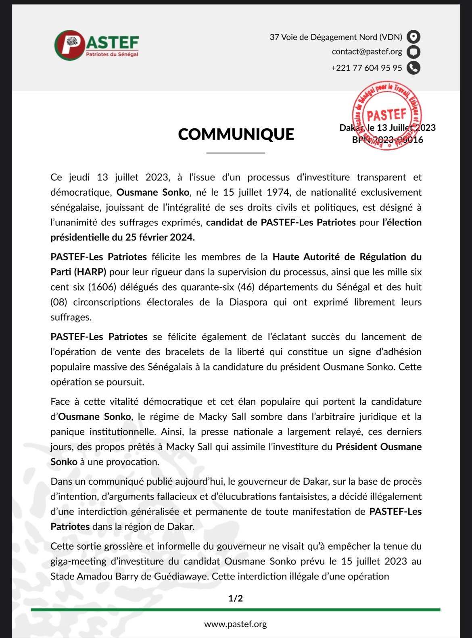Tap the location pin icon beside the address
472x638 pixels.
point(413,37)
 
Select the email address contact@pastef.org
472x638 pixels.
point(367,52)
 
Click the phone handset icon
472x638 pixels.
point(413,68)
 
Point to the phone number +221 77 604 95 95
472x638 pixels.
point(366,68)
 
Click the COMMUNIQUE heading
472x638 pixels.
point(236,134)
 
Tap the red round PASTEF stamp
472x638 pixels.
point(386,115)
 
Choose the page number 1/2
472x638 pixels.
point(236,598)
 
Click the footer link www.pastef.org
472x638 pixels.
point(236,624)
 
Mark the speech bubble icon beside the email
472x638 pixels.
point(413,52)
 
